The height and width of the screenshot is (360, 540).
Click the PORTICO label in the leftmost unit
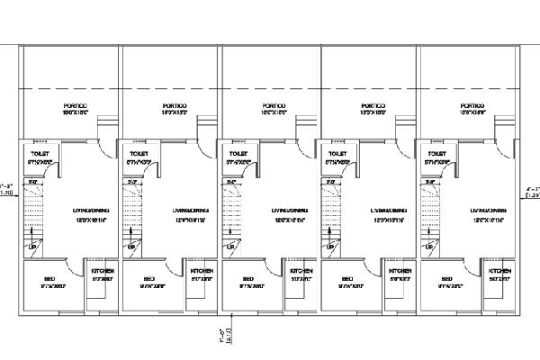click(74, 105)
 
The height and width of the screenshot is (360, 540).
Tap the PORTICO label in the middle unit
click(274, 105)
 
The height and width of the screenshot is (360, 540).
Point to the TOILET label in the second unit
click(139, 154)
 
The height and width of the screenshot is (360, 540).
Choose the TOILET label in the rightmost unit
click(436, 154)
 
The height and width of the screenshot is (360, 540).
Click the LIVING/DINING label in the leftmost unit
click(88, 211)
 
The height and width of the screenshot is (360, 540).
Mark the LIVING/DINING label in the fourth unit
click(385, 211)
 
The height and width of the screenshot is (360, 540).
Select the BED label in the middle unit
click(248, 279)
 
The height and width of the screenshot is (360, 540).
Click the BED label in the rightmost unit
click(447, 279)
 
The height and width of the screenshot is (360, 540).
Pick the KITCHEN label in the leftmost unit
click(102, 271)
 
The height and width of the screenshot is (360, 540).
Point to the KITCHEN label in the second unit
click(201, 271)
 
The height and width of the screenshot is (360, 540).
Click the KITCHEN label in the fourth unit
click(400, 271)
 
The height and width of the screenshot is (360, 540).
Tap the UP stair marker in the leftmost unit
click(32, 246)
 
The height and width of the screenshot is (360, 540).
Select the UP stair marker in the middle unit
click(230, 246)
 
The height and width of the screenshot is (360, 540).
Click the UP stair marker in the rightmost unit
click(429, 246)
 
